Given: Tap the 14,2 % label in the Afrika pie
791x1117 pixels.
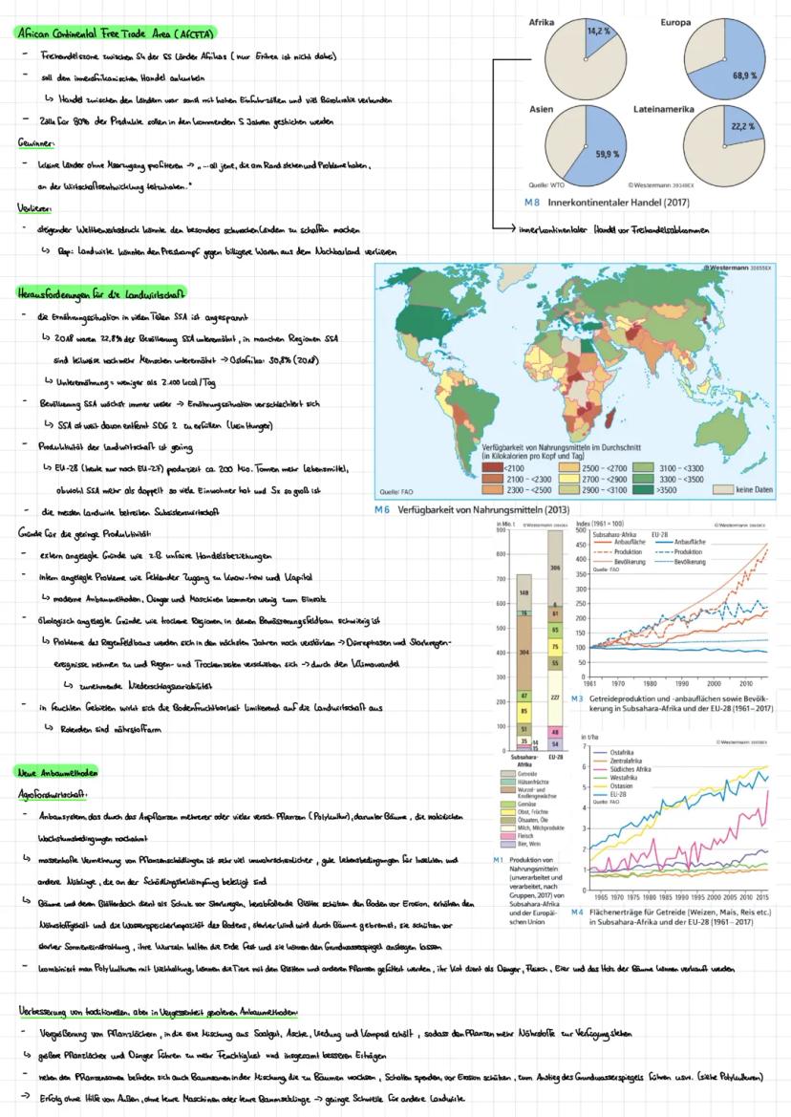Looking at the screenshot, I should [x=599, y=31].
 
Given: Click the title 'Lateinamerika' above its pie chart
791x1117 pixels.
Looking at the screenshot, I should [x=690, y=110].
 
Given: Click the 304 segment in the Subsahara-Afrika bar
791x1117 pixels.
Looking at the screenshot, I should [x=524, y=655].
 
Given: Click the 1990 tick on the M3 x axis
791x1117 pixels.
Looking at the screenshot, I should [x=681, y=683].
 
